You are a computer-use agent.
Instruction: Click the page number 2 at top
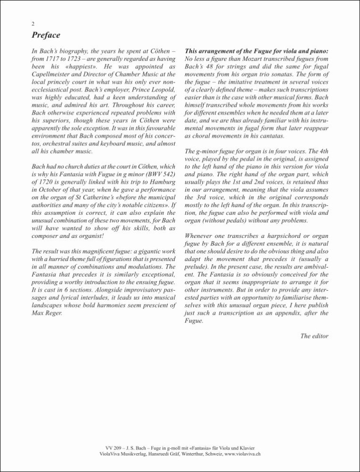click(x=33, y=24)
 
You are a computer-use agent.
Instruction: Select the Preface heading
click(x=46, y=35)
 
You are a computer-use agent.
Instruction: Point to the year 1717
click(x=52, y=59)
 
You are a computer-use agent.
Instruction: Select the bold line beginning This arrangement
click(x=257, y=50)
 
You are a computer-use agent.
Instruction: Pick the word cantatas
click(x=270, y=136)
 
